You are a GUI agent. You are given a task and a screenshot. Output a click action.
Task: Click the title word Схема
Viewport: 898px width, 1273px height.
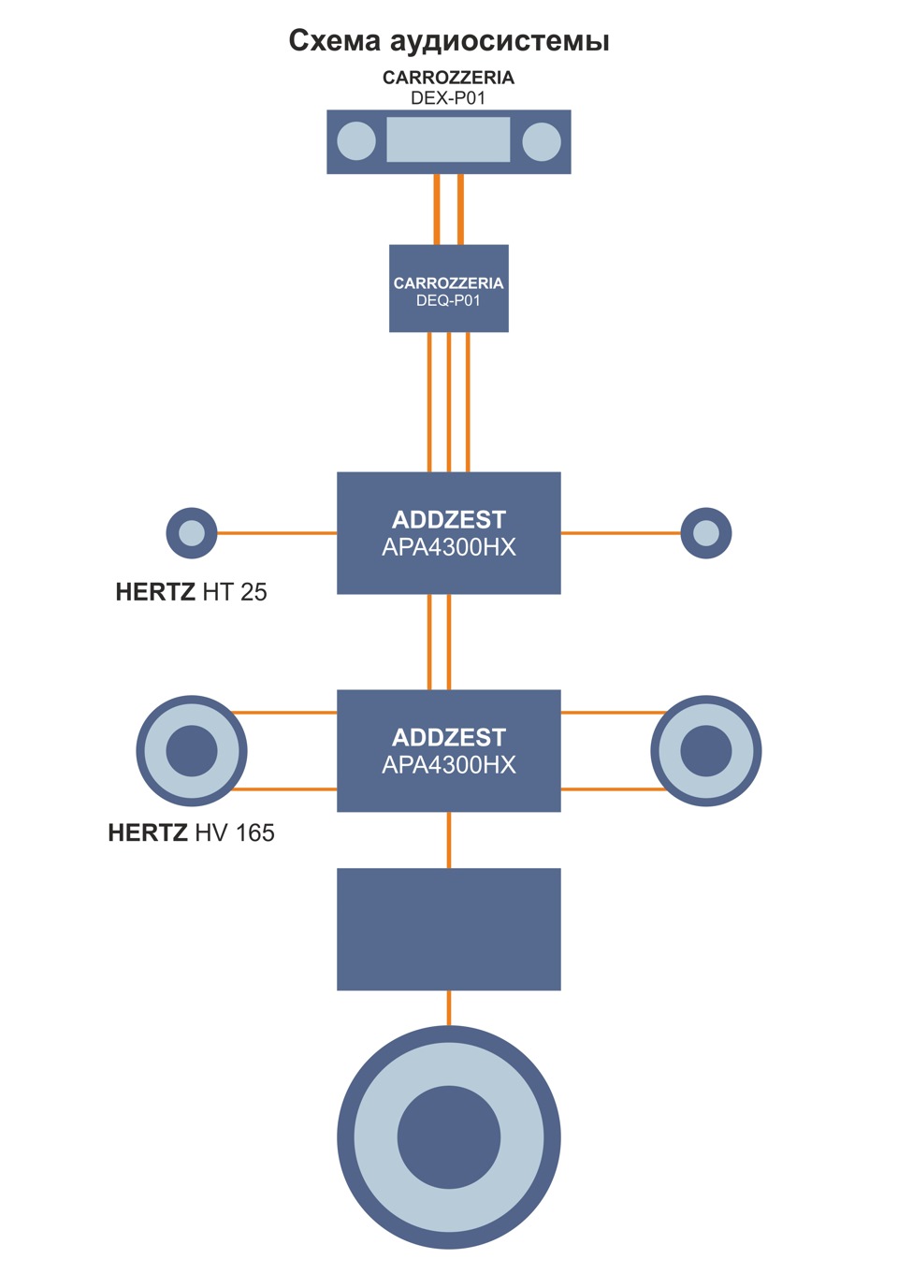point(335,41)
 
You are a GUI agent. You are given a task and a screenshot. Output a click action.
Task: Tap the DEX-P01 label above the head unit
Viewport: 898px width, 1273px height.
point(448,98)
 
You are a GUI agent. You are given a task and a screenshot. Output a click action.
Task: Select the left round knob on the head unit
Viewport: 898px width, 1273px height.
point(356,141)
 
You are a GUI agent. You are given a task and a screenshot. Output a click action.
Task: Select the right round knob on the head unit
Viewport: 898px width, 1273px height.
point(542,141)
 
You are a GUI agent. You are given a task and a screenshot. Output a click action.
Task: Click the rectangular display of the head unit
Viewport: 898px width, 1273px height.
point(448,139)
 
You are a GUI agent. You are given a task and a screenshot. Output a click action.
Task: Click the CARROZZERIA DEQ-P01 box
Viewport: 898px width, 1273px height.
point(449,288)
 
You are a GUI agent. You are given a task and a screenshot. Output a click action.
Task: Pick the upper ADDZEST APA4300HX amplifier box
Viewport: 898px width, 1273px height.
point(449,533)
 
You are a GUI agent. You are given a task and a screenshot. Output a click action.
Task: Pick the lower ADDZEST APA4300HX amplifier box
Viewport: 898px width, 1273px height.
point(449,751)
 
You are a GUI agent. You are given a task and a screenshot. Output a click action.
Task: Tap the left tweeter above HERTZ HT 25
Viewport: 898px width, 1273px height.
point(192,533)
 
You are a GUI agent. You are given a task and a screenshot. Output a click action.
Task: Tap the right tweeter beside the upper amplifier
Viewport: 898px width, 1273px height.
point(706,533)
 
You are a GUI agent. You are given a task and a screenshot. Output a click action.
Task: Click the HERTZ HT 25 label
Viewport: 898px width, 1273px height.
point(192,592)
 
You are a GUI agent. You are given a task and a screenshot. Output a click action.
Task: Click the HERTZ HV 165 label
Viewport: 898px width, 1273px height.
point(192,833)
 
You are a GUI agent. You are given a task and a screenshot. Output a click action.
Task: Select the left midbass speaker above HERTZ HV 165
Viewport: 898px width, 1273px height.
point(192,751)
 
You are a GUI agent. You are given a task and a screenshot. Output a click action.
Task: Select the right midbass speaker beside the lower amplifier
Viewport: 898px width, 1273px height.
point(706,751)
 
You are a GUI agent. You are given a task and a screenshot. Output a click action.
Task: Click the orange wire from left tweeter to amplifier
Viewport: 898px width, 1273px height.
point(277,533)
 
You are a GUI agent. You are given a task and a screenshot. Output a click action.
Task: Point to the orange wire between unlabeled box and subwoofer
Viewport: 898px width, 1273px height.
point(449,1008)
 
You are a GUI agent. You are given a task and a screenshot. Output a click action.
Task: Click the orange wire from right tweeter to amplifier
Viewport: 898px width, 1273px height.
point(620,533)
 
